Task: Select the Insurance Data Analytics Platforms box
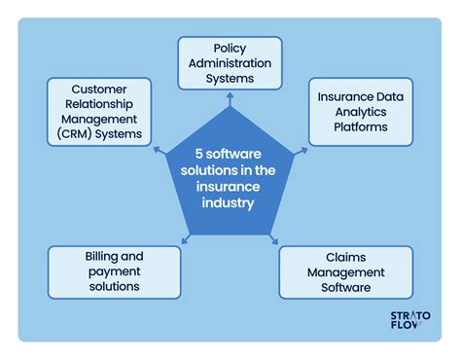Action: click(360, 112)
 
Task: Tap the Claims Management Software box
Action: click(346, 271)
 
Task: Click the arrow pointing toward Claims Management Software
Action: click(274, 239)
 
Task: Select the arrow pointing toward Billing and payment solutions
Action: click(185, 239)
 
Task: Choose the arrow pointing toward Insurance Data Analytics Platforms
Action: click(302, 151)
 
